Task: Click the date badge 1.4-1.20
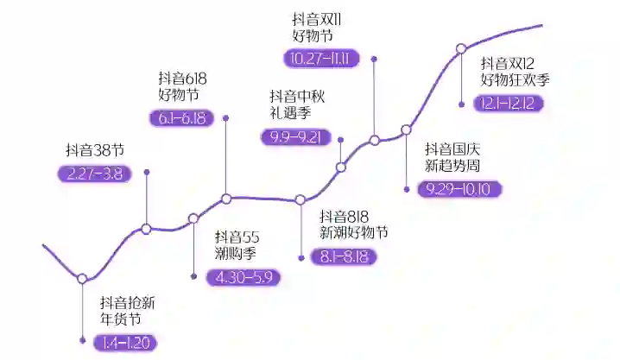coord(126,342)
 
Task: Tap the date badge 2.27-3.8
coord(94,173)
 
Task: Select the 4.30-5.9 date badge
coord(244,277)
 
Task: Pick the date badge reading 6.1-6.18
coord(182,118)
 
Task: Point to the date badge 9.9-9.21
coord(295,136)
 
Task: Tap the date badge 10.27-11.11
coord(321,58)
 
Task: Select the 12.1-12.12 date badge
coord(509,103)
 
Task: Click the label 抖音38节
coord(95,149)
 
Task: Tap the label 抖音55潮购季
coord(238,245)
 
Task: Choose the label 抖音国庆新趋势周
coord(456,156)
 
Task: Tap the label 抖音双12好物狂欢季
coord(515,71)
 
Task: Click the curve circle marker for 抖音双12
coord(461,48)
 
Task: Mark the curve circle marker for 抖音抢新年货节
coord(82,279)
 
